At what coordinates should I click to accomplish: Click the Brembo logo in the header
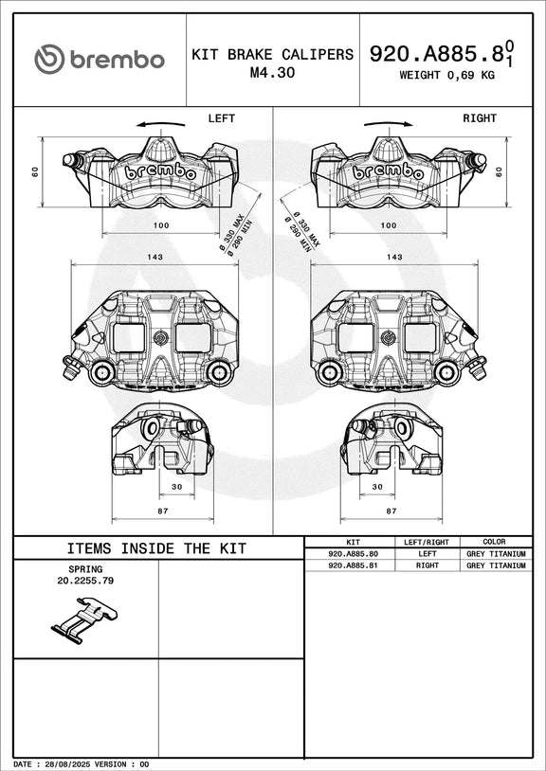(99, 59)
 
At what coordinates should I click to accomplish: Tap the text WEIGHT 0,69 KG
(446, 75)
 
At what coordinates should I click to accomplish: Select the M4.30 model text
(272, 72)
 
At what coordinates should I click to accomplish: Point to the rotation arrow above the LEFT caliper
(161, 124)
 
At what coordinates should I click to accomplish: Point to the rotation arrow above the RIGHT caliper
(388, 124)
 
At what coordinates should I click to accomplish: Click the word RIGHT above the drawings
(480, 118)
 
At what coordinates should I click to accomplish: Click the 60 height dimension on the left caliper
(35, 171)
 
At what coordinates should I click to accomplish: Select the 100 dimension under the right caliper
(389, 225)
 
